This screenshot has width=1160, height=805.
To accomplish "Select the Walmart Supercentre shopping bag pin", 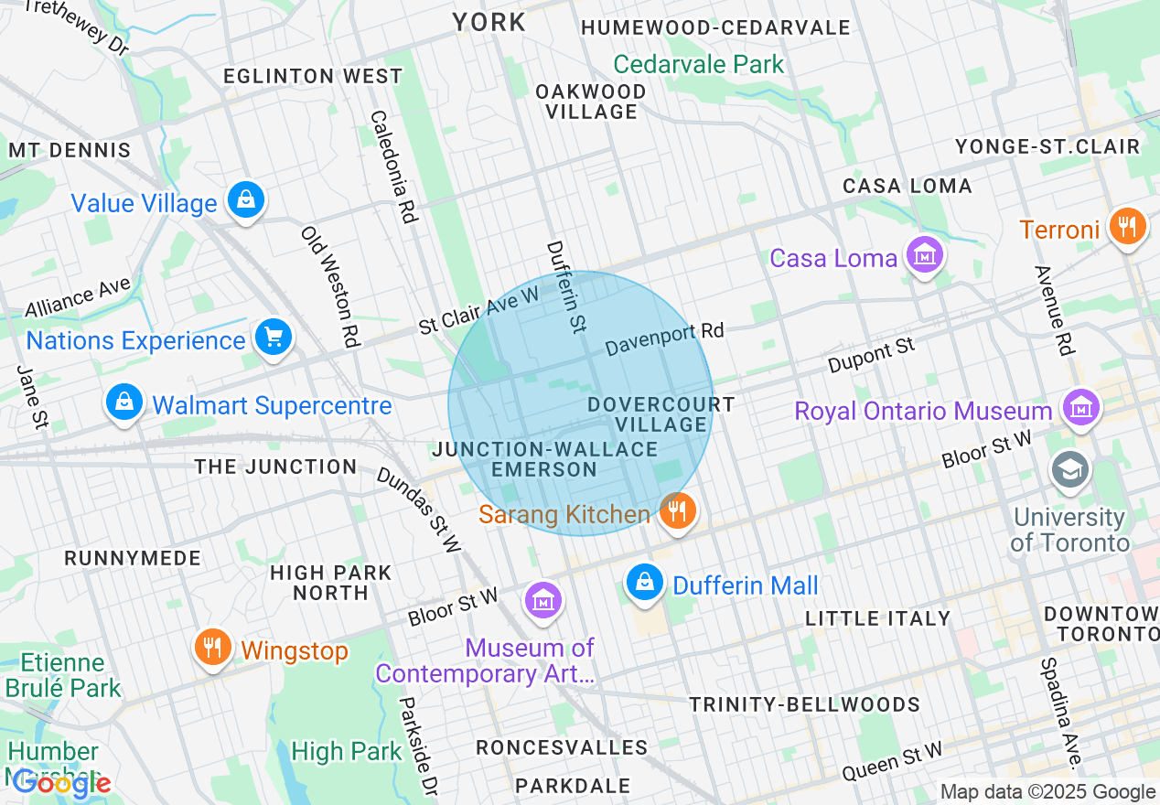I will (x=124, y=403).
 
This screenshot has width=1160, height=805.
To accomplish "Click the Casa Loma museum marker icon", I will (x=924, y=256).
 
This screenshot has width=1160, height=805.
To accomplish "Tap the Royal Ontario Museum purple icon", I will (x=1080, y=408).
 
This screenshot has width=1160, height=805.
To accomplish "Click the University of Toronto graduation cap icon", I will (x=1069, y=469).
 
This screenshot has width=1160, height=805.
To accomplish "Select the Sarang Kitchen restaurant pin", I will (x=676, y=511).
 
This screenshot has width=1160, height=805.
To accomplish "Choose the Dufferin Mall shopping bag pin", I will (x=645, y=583).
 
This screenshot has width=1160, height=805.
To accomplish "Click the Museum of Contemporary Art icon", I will (x=543, y=601).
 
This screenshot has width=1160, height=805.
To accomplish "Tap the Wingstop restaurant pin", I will (x=212, y=649).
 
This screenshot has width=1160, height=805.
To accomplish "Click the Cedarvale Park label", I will (x=699, y=64).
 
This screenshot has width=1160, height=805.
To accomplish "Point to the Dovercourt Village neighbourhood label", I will (x=661, y=414).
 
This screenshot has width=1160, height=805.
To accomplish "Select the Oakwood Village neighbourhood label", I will (x=591, y=102).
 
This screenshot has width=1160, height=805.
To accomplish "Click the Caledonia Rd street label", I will (x=394, y=166).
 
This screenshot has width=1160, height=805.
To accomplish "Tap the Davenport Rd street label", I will (x=665, y=338).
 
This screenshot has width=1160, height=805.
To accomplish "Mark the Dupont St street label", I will (x=871, y=356).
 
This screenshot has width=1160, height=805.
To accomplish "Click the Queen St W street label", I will (x=892, y=761).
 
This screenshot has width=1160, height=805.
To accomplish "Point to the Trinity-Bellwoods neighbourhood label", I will (x=804, y=704).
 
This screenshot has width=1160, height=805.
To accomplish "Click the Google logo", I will (x=62, y=783).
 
